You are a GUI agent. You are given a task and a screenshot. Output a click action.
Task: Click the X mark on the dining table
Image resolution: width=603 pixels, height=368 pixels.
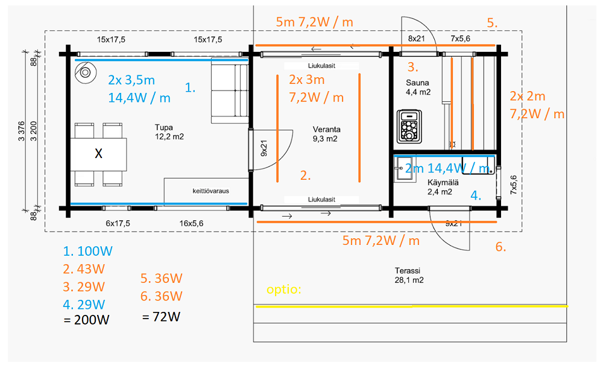tap(98, 154)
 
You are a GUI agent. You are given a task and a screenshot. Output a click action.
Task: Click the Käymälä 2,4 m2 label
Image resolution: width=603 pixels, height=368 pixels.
tap(440, 187)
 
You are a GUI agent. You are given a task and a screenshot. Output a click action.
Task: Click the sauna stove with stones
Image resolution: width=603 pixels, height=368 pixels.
tap(409, 126)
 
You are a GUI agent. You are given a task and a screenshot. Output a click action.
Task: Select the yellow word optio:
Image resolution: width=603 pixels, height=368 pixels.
tap(284, 290)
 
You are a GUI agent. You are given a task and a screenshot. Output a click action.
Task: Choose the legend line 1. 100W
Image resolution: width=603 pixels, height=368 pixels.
tap(87, 251)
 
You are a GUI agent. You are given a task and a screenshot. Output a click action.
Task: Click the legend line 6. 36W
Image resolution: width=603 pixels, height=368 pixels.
tap(161, 296)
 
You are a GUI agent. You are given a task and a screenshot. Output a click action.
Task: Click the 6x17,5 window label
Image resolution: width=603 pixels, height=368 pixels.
tap(118, 223)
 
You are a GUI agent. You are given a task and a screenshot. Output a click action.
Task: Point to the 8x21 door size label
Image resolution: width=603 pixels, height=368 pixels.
tap(416, 39)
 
